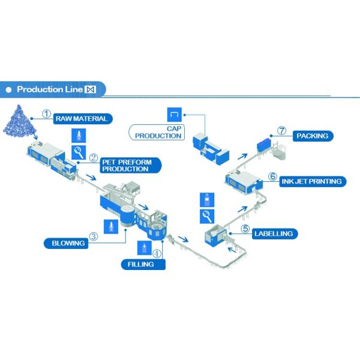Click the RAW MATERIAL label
coord(82,118)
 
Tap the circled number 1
coord(47,113)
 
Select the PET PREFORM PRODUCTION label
coord(126,165)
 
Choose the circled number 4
coord(157,254)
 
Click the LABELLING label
coord(273,233)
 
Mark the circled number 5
coord(245,228)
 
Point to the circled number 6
coord(272,177)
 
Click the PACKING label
coord(313,136)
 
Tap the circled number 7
coord(281,130)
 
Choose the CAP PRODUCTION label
coord(158,132)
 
